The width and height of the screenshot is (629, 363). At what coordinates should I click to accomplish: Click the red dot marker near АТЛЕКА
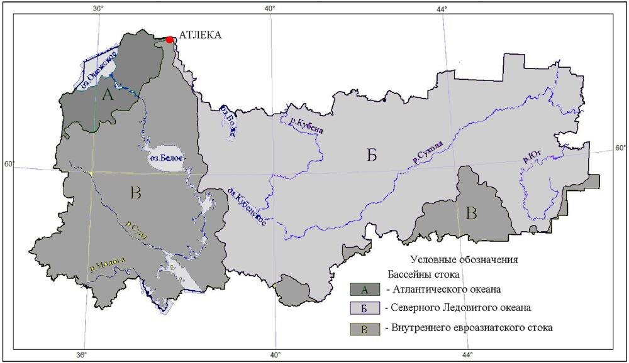click(x=169, y=40)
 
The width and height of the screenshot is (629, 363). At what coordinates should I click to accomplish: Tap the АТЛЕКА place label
click(x=201, y=35)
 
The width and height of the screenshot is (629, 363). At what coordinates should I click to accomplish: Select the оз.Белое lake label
click(x=166, y=159)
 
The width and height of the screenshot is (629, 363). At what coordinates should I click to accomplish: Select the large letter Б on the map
click(x=372, y=155)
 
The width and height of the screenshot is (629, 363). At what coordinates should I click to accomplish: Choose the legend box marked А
click(x=364, y=290)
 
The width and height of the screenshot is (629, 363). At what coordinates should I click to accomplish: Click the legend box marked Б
click(x=364, y=308)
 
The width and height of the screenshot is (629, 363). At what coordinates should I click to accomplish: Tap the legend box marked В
click(x=364, y=328)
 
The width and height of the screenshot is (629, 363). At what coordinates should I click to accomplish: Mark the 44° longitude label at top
click(x=442, y=8)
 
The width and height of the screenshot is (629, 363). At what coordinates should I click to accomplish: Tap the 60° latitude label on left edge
click(x=9, y=165)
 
